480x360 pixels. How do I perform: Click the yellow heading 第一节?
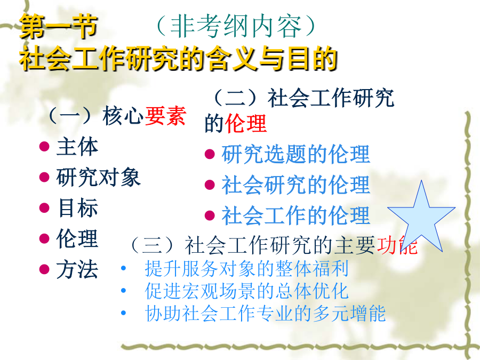click(59, 27)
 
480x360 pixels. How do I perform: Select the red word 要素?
click(165, 116)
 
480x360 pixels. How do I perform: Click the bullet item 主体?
click(77, 147)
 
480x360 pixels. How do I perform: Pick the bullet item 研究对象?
click(98, 177)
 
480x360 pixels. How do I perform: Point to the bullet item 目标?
click(78, 208)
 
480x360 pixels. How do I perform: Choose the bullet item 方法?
click(77, 269)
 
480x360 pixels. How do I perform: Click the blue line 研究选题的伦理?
click(295, 154)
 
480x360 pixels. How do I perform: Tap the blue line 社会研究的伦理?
click(295, 185)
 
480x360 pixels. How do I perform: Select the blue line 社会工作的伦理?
click(295, 215)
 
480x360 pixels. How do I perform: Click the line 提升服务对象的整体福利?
click(247, 268)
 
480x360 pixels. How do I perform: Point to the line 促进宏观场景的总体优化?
click(247, 291)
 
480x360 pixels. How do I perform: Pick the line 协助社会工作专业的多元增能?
click(265, 313)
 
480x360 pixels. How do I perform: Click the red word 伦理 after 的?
click(246, 123)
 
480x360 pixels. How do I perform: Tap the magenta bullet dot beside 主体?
click(44, 147)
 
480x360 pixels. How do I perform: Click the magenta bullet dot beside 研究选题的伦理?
click(210, 154)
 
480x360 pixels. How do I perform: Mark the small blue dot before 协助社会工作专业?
click(123, 313)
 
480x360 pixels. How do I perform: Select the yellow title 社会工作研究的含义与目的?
click(179, 59)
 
